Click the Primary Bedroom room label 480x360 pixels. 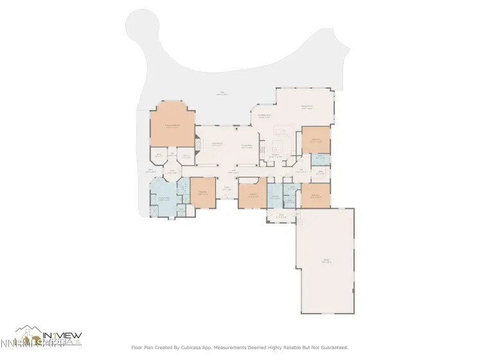pyautogui.click(x=172, y=127)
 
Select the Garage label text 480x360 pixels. pyautogui.click(x=328, y=261)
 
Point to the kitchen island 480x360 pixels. pyautogui.click(x=280, y=142)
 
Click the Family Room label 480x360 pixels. pyautogui.click(x=307, y=107)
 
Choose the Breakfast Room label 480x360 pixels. pyautogui.click(x=263, y=117)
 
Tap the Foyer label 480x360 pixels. pyautogui.click(x=226, y=189)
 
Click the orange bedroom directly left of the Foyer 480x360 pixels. pyautogui.click(x=202, y=194)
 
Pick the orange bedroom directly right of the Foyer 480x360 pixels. pyautogui.click(x=253, y=195)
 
